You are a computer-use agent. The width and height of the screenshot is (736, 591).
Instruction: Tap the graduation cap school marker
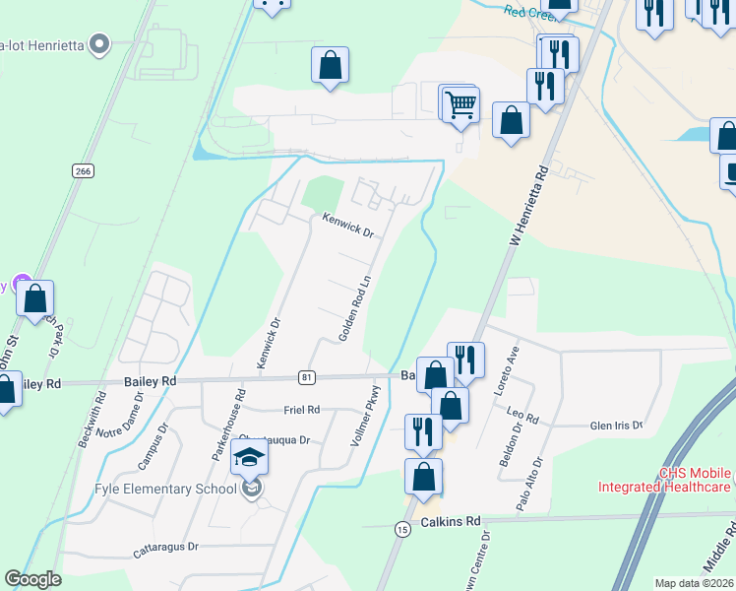pyautogui.click(x=250, y=459)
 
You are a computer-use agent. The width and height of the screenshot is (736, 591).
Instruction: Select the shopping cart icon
pyautogui.click(x=460, y=103)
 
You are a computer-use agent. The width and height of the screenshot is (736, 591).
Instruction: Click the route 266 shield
pyautogui.click(x=83, y=170)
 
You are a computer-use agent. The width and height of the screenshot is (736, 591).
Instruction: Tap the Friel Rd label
pyautogui.click(x=300, y=410)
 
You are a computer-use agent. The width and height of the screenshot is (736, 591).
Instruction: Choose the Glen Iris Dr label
pyautogui.click(x=615, y=426)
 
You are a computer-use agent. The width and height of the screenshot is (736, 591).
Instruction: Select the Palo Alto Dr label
pyautogui.click(x=528, y=484)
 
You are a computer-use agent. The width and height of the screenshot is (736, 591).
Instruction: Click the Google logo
pyautogui.click(x=33, y=579)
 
